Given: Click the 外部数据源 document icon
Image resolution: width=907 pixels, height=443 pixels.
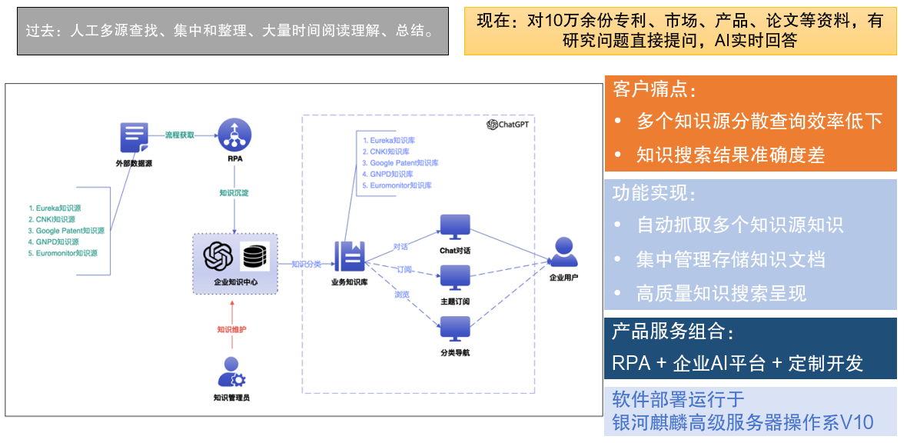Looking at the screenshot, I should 134,138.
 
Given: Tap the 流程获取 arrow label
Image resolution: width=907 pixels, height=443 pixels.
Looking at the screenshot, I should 181,135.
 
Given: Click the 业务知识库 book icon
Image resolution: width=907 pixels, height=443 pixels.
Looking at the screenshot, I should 348,257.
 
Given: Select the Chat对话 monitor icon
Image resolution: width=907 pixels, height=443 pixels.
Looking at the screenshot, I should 455,227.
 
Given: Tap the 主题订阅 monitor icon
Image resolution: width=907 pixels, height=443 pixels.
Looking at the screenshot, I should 455,277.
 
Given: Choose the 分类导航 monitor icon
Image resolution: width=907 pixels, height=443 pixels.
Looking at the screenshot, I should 455,328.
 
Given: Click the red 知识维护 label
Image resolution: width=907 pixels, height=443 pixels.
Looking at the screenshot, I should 231,330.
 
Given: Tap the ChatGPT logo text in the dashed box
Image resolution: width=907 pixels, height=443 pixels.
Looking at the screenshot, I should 510,125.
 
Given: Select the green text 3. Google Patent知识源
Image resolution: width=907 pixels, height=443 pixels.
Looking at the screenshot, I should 65,231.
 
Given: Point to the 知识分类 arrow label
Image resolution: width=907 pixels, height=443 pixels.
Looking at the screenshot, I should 307,264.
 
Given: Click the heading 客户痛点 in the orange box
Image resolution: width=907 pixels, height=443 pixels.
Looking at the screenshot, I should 654,89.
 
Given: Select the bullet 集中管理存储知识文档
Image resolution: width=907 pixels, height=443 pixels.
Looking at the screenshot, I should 730,259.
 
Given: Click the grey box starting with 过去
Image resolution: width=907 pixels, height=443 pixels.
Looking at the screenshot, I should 233,32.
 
